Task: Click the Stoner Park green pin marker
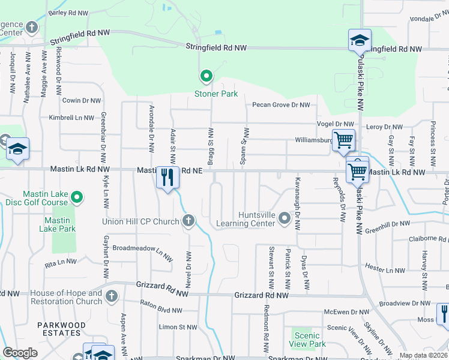[x=206, y=76]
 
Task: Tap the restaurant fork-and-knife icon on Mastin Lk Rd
[x=167, y=177]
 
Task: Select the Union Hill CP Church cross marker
[x=188, y=221]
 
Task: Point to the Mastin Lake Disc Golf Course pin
[x=77, y=197]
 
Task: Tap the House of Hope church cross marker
[x=111, y=296]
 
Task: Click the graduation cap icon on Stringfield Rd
[x=360, y=41]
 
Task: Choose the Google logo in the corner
[x=20, y=353]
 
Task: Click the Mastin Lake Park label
[x=58, y=224]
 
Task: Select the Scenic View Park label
[x=307, y=340]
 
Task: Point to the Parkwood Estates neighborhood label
[x=61, y=329]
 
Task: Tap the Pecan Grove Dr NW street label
[x=281, y=105]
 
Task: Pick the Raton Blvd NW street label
[x=161, y=310]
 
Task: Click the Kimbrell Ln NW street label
[x=71, y=118]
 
